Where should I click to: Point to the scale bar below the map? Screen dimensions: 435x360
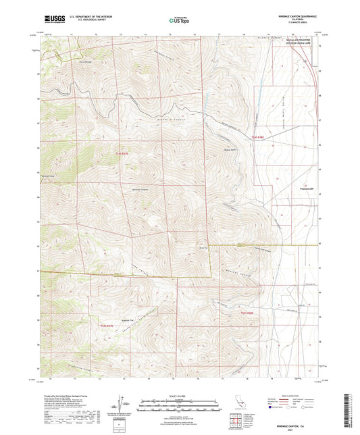coord(180,402)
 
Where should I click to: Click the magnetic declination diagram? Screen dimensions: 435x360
coord(122,405)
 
